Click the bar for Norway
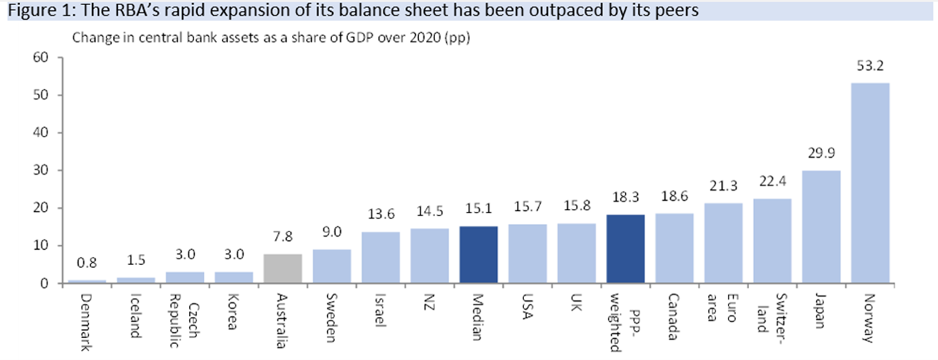pyautogui.click(x=870, y=183)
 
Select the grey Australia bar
pyautogui.click(x=282, y=268)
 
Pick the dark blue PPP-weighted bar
pyautogui.click(x=625, y=248)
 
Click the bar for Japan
pyautogui.click(x=821, y=226)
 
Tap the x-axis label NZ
pyautogui.click(x=429, y=300)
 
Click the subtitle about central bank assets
pyautogui.click(x=270, y=39)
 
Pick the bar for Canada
pyautogui.click(x=674, y=248)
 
